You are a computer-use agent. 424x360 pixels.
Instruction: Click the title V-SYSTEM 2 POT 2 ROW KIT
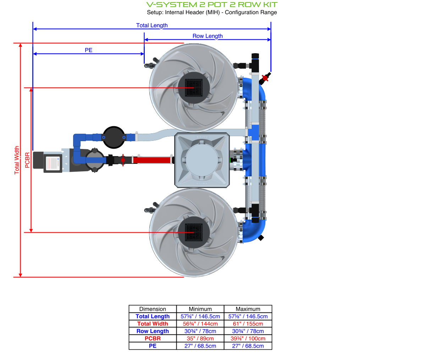[x=212, y=5]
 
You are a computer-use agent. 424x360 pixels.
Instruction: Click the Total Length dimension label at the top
[x=152, y=25]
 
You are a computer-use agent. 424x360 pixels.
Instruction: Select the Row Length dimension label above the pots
[x=208, y=36]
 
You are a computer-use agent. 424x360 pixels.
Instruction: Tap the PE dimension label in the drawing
[x=88, y=50]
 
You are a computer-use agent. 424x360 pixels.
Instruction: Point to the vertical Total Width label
[x=17, y=160]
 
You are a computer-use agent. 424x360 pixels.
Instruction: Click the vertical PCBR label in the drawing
[x=27, y=160]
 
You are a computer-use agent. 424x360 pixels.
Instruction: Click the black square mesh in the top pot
[x=194, y=87]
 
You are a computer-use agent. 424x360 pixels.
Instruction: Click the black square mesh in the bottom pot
[x=194, y=232]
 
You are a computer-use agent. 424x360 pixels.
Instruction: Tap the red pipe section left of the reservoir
[x=152, y=160]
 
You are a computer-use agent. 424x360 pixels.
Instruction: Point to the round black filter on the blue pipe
[x=114, y=137]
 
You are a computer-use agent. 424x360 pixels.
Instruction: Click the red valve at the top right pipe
[x=265, y=78]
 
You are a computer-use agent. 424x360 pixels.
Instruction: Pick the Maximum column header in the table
[x=248, y=309]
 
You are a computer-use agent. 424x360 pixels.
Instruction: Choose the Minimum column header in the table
[x=200, y=309]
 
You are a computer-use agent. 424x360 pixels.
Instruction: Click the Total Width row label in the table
[x=153, y=323]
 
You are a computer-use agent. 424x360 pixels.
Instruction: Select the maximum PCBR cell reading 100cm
[x=248, y=338]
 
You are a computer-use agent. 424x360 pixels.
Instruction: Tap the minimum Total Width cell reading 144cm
[x=200, y=323]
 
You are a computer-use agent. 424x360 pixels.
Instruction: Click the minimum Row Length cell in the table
[x=200, y=331]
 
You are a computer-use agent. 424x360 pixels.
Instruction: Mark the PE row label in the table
[x=153, y=346]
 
